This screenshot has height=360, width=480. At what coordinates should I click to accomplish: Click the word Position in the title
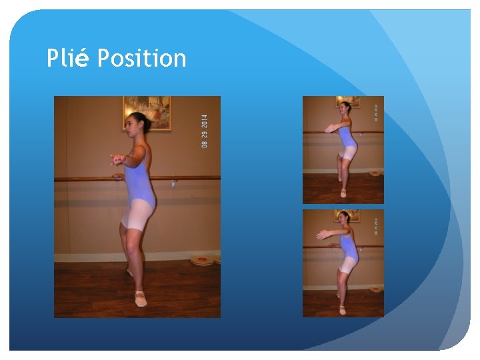141,59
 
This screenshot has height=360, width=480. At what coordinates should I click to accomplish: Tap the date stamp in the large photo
205,131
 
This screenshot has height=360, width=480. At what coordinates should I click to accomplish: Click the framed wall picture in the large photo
147,112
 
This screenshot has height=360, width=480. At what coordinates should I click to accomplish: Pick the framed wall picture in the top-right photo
347,101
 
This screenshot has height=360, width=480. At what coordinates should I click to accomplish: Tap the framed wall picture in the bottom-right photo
347,215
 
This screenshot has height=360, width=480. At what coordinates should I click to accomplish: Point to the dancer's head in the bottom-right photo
343,218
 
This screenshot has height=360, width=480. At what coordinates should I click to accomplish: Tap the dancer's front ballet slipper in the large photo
140,299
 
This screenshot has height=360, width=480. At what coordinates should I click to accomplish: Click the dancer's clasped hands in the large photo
119,159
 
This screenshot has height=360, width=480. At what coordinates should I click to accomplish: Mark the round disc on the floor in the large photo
203,259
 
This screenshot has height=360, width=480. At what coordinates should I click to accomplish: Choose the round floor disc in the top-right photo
375,173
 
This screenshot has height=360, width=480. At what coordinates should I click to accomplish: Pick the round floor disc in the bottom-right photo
375,289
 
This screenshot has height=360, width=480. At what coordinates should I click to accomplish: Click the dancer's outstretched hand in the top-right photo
329,128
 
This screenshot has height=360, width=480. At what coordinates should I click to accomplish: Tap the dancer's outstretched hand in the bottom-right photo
321,234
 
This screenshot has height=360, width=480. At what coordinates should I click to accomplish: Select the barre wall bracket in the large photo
174,181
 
